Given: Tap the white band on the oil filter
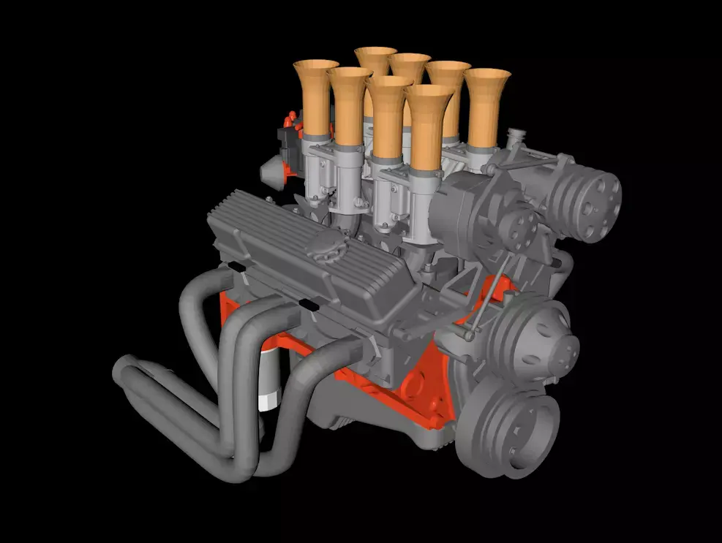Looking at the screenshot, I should click(268, 401).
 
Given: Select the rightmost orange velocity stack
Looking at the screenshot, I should click(486, 106).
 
